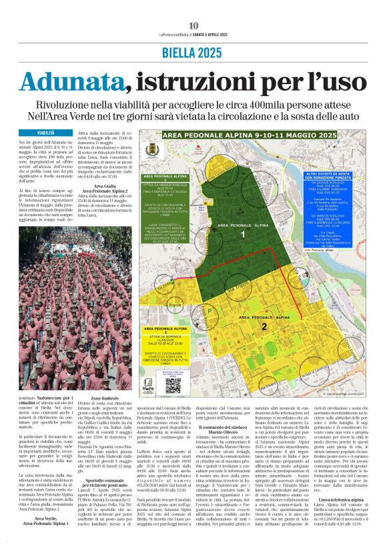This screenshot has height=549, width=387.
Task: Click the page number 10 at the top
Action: tap(193, 25)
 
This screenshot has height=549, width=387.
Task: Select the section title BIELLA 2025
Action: tap(193, 53)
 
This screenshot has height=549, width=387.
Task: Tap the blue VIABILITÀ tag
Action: tap(46, 133)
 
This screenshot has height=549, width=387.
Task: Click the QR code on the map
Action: tap(173, 384)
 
